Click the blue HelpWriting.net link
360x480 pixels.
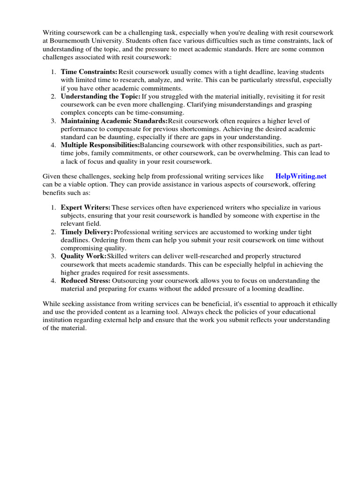(300, 176)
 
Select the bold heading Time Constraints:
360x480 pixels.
(89, 72)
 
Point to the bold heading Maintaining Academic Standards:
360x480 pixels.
(114, 120)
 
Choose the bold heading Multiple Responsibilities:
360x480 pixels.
(100, 145)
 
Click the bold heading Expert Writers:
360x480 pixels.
(85, 207)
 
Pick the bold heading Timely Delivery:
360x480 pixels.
(87, 232)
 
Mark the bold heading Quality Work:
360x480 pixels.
(83, 256)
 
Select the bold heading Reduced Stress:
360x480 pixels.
(85, 280)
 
